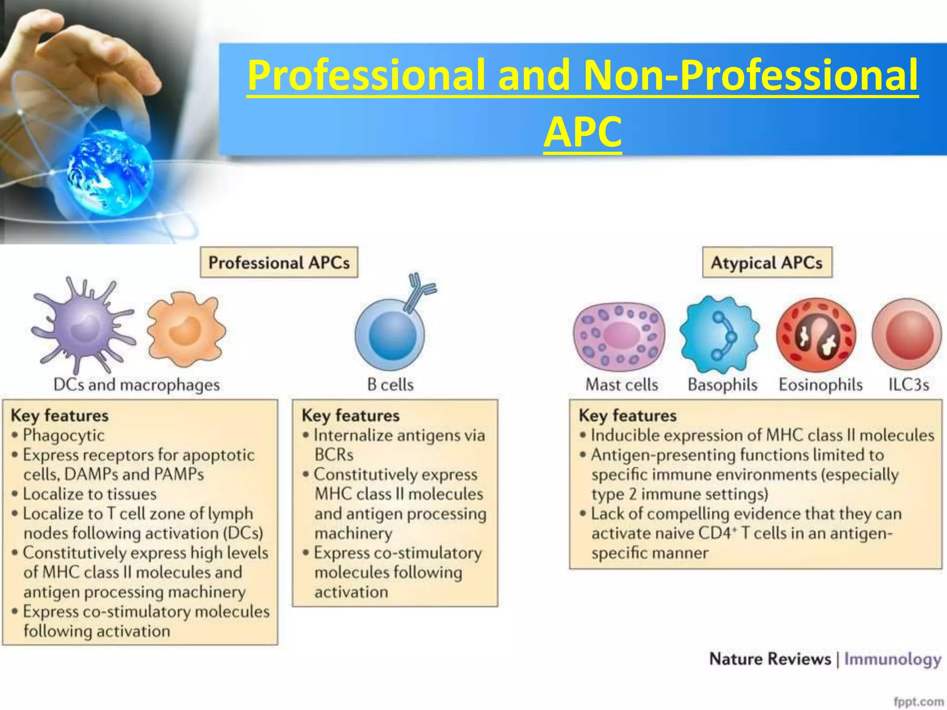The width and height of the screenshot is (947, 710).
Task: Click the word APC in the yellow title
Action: point(582,132)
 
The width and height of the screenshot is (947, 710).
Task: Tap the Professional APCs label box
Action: point(279,263)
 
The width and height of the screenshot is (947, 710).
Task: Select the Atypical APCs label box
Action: point(767,263)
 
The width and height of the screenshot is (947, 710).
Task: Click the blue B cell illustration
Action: point(390,335)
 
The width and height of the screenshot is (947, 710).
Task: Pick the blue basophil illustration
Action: point(719,334)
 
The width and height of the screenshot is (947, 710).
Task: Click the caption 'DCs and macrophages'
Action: point(136,385)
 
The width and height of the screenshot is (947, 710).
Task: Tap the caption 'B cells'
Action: point(390,385)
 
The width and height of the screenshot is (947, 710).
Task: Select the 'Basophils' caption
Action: point(722,385)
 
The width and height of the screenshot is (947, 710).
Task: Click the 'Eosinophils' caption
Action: point(821,385)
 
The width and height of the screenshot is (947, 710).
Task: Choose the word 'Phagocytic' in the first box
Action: point(64,435)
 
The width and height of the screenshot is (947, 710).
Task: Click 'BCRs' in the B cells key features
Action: point(334,455)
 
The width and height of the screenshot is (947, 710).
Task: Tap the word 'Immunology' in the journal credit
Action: point(893,659)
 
